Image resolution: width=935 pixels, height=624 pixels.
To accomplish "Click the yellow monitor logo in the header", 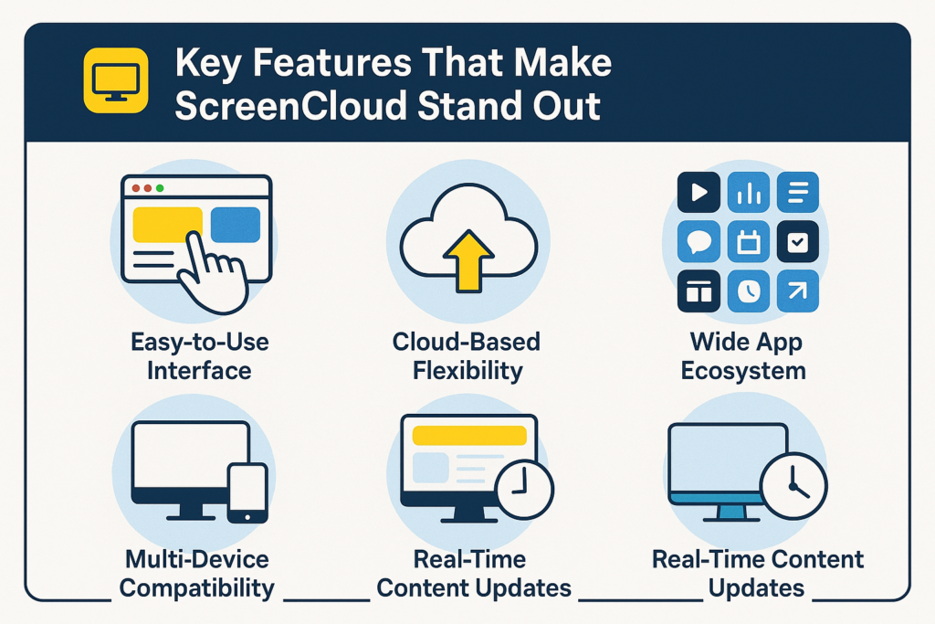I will click(x=115, y=80).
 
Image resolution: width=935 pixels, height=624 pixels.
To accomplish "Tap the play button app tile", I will click(x=699, y=192).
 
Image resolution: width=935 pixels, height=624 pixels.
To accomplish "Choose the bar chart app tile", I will click(x=749, y=192).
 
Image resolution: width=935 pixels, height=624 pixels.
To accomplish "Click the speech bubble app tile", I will click(x=699, y=242).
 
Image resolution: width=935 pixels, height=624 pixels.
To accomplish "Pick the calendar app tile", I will click(x=749, y=242).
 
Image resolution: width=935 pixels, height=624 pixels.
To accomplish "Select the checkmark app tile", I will click(x=797, y=242).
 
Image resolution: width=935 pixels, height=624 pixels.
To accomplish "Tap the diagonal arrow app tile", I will click(x=797, y=291).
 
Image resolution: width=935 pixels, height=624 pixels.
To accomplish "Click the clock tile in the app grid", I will click(x=749, y=291).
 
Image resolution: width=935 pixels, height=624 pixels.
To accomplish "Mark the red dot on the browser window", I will click(x=136, y=188).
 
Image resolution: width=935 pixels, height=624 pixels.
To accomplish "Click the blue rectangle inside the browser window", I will click(x=236, y=225).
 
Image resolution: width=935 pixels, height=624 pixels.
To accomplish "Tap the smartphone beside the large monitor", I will click(x=247, y=493).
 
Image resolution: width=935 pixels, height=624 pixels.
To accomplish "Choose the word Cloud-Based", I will click(x=467, y=343).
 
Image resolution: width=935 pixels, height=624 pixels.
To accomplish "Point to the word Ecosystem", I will click(x=748, y=371).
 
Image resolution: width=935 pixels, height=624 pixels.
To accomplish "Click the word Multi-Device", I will click(x=197, y=559).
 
